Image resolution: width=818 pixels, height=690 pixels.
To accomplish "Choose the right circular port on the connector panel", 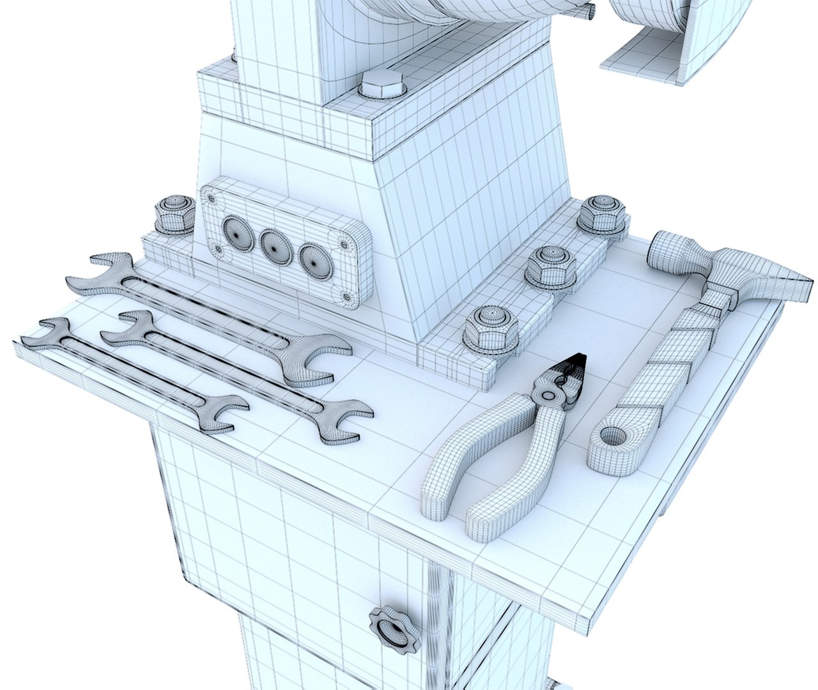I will coord(313,255).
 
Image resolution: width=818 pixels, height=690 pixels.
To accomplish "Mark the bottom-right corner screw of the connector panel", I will coord(347,296).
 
